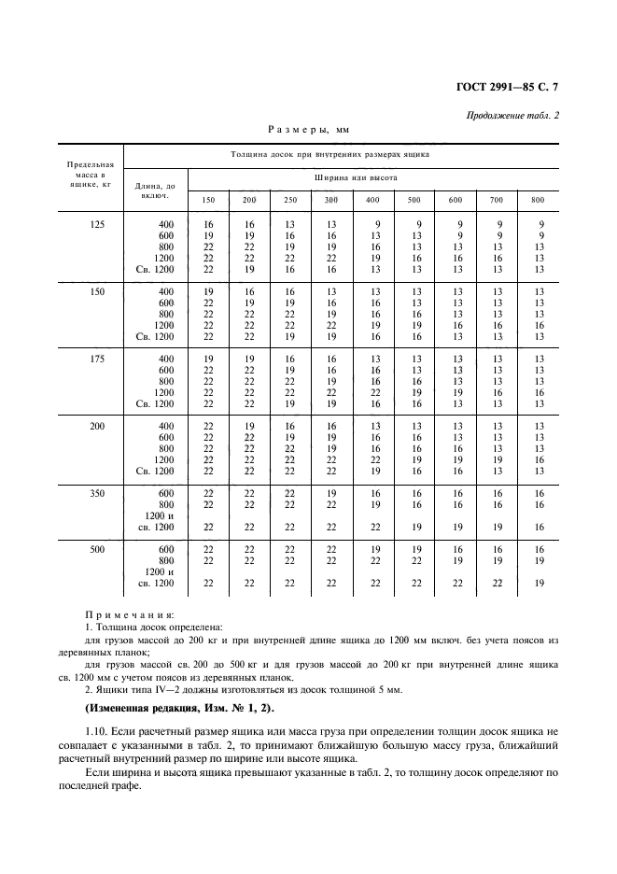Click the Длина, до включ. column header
pos(155,190)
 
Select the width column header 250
pos(290,201)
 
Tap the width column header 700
pos(497,201)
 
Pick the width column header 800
pos(538,201)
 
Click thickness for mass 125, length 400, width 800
pos(539,224)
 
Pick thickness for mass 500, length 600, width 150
pos(208,549)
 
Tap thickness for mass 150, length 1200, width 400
pos(374,325)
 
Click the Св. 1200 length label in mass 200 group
pos(156,471)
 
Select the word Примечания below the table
pos(129,615)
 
